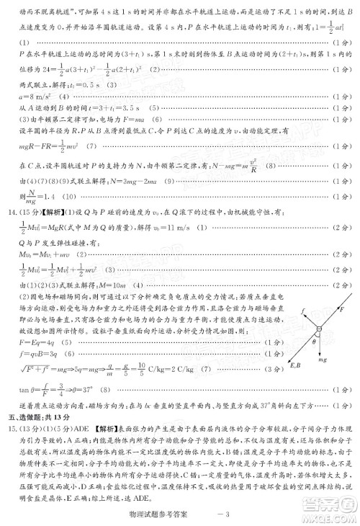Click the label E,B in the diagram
click(297, 364)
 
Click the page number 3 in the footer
click(225, 514)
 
